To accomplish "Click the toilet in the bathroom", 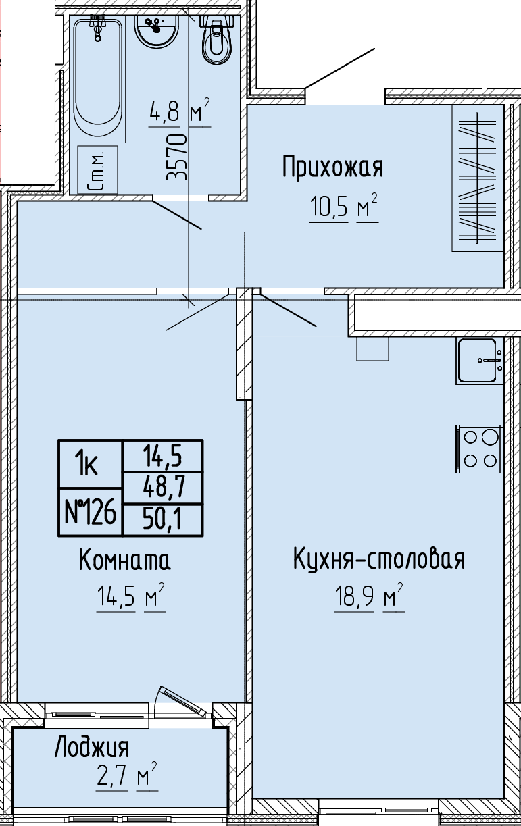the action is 217,38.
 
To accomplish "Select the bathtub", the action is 98,78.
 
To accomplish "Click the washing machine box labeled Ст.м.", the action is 98,170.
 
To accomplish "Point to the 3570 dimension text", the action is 177,157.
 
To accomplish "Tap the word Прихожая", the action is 333,167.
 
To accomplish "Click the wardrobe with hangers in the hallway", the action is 478,178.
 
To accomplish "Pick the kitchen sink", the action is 480,361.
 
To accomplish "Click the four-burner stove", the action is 480,448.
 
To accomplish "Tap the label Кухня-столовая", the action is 379,559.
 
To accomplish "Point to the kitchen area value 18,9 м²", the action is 370,597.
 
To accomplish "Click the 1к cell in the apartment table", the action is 91,464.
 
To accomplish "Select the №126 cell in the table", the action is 91,512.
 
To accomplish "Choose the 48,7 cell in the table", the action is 163,488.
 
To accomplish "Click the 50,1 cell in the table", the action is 163,519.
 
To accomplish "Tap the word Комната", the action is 125,559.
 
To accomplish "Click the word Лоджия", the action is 92,748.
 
